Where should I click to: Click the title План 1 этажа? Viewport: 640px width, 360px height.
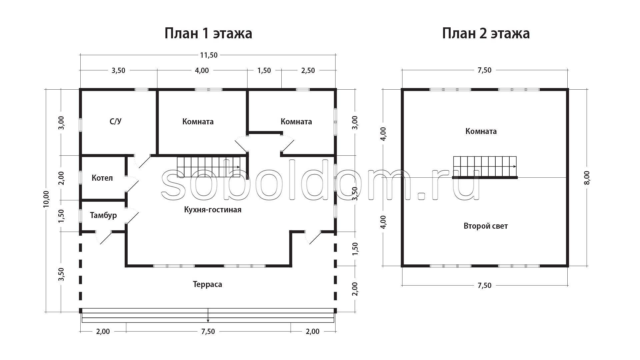click(208, 34)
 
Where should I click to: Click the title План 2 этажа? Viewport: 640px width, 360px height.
click(486, 34)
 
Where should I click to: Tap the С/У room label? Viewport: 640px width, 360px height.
click(115, 121)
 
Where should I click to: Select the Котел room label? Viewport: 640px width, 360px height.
click(102, 178)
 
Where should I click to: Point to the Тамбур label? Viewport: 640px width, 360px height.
click(103, 215)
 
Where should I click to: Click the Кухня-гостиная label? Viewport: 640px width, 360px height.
click(213, 210)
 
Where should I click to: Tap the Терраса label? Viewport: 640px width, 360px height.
click(207, 284)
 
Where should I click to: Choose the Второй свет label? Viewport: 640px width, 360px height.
click(486, 226)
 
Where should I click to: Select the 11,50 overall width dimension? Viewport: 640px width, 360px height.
click(209, 55)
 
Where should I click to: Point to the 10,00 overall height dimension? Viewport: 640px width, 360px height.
click(46, 199)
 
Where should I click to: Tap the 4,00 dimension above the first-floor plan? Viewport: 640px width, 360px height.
click(202, 71)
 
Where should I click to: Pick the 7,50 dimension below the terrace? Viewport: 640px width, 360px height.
click(208, 332)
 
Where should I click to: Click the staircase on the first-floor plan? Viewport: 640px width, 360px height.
click(209, 167)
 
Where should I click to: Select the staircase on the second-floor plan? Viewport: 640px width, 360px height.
click(485, 167)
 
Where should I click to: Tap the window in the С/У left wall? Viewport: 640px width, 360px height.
click(80, 125)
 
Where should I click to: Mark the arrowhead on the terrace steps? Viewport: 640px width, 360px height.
click(208, 321)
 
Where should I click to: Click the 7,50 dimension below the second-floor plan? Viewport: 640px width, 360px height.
click(485, 286)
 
